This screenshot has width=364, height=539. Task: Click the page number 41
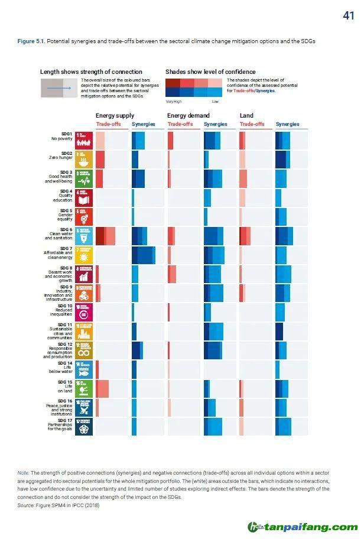[x=348, y=16]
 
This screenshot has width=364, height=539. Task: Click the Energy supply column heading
[x=115, y=115]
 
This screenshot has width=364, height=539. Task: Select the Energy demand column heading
[x=188, y=115]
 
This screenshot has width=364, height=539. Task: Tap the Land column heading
[x=246, y=115]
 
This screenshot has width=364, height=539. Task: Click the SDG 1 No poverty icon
[x=86, y=140]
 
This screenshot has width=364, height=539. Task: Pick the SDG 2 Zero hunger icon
[x=86, y=159]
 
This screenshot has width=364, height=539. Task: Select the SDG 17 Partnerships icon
[x=86, y=427]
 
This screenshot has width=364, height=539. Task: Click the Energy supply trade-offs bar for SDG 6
[x=105, y=236]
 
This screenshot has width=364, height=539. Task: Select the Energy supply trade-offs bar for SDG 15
[x=102, y=388]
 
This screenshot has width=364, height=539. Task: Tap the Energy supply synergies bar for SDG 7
[x=144, y=255]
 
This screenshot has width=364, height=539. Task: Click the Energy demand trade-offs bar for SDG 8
[x=172, y=274]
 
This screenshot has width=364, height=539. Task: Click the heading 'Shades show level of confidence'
[x=210, y=72]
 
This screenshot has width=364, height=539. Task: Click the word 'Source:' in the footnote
[x=26, y=505]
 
